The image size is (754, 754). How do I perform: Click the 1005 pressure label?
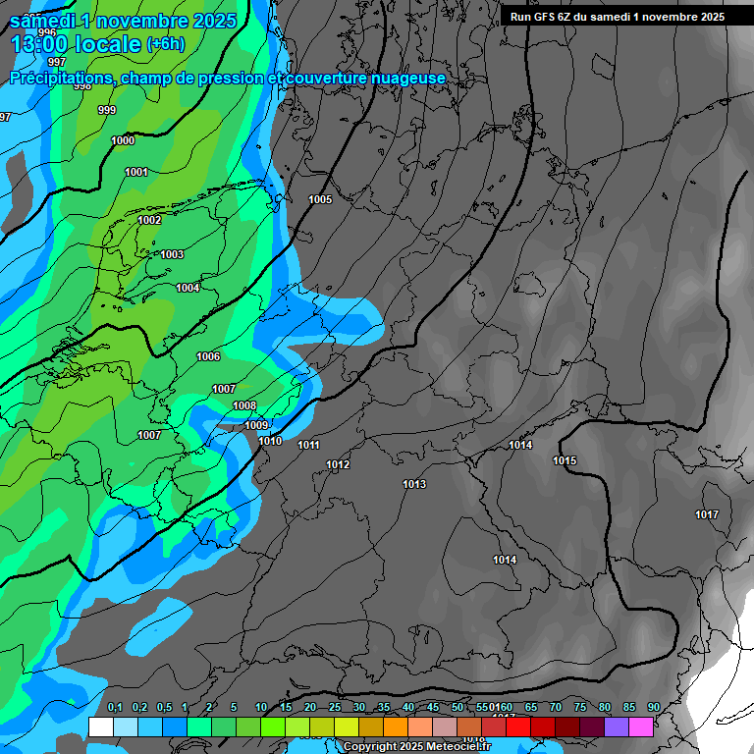(x=320, y=200)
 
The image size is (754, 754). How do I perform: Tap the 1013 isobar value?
(x=414, y=485)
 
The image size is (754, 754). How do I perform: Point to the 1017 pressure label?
(x=707, y=515)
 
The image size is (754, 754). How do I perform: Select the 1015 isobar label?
(x=565, y=461)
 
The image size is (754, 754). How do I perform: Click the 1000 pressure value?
(x=123, y=141)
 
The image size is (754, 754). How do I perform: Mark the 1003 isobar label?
(x=172, y=255)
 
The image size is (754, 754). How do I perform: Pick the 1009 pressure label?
(x=256, y=426)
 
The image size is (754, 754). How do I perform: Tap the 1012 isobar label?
(x=338, y=465)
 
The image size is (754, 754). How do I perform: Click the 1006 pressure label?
(x=208, y=357)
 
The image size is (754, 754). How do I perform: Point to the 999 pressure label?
(x=107, y=111)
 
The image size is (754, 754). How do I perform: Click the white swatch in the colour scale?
(x=100, y=727)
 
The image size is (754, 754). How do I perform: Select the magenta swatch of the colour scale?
(x=641, y=727)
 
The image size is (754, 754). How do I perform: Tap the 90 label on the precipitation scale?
(x=654, y=708)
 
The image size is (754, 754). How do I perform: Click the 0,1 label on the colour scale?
(x=115, y=708)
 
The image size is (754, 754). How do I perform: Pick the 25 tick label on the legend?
(x=335, y=708)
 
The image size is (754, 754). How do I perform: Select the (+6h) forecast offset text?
(x=165, y=44)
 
